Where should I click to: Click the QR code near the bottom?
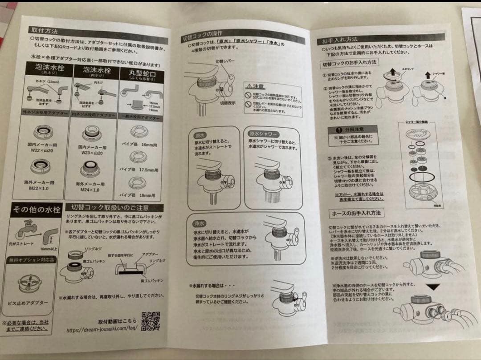click(151, 322)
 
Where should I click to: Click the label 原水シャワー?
click(263, 134)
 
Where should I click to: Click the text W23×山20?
click(90, 153)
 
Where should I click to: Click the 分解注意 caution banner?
click(351, 129)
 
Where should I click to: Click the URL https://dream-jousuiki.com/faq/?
click(101, 331)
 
